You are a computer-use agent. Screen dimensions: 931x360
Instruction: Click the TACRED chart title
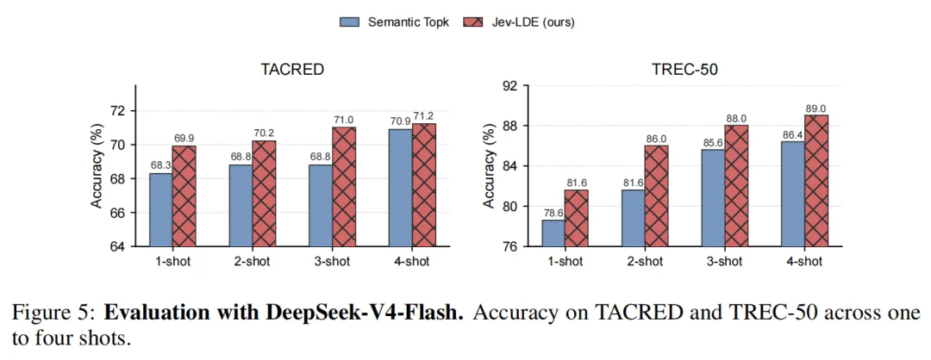coord(292,70)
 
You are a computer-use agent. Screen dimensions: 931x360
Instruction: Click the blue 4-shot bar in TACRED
coord(401,188)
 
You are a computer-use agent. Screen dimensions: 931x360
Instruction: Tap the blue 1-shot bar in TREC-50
coord(553,233)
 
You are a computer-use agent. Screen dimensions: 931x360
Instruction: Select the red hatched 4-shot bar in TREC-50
coord(816,181)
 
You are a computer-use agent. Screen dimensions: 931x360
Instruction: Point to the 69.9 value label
coord(184,139)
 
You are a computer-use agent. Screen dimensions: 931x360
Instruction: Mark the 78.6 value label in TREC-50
coord(553,214)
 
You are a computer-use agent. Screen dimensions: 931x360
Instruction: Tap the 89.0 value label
coord(816,109)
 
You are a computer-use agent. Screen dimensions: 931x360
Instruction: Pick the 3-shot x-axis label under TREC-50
coord(724,262)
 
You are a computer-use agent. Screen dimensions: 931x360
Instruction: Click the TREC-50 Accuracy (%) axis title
coord(489,166)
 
